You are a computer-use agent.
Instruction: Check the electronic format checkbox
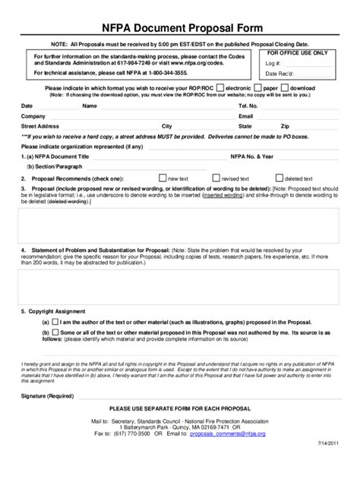tap(220, 87)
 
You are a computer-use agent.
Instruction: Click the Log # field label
tap(273, 64)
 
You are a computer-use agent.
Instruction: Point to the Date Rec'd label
tap(279, 74)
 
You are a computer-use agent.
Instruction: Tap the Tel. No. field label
tap(249, 105)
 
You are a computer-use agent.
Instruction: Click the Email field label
tap(245, 116)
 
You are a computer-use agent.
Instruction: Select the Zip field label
tap(284, 126)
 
